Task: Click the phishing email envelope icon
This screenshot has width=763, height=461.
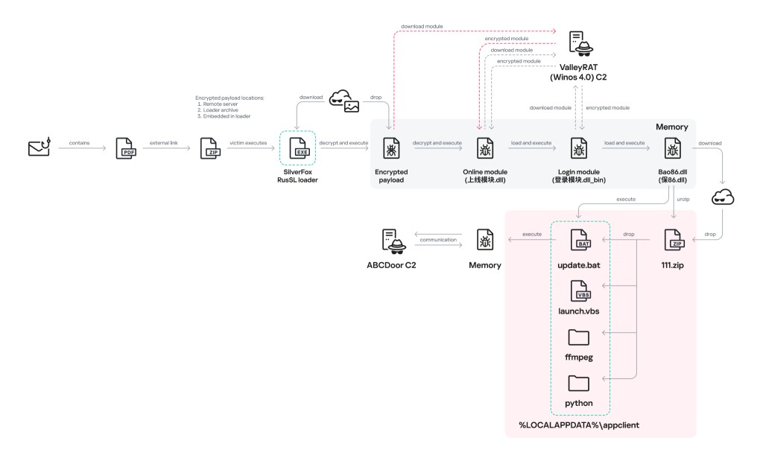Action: (x=39, y=147)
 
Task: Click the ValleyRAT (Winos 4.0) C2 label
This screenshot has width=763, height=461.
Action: (x=580, y=71)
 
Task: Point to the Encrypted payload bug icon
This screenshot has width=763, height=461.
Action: (x=391, y=148)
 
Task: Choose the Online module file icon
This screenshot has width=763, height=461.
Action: (x=485, y=148)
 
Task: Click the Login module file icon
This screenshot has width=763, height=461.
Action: (x=579, y=148)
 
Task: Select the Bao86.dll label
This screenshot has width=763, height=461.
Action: (x=673, y=176)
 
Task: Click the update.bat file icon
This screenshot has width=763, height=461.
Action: (x=580, y=241)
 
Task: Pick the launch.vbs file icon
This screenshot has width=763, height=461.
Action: (x=580, y=290)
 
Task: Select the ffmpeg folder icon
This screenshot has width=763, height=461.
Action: (x=579, y=337)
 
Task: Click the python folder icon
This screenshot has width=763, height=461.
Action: (x=579, y=383)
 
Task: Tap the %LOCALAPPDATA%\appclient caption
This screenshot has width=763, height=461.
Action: (x=579, y=425)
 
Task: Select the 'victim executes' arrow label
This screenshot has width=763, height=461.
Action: (x=247, y=142)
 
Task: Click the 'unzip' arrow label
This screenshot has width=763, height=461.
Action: (x=683, y=200)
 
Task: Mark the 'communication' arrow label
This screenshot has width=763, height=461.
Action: (x=438, y=240)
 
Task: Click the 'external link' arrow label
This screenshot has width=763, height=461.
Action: (x=163, y=142)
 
